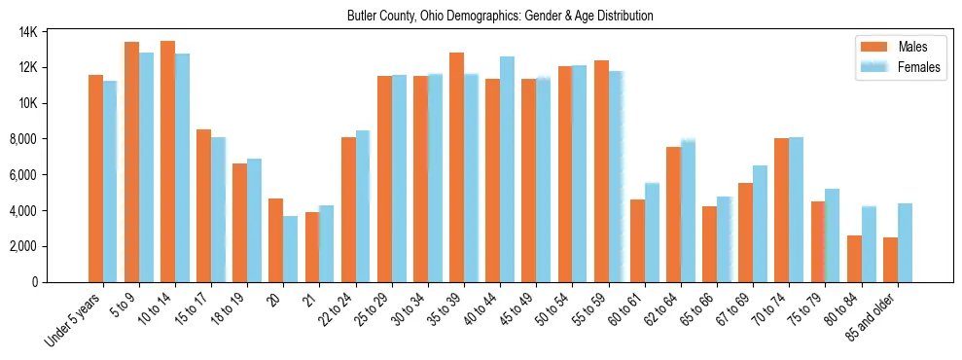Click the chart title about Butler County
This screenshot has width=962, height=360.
(500, 17)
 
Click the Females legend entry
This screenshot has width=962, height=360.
(918, 67)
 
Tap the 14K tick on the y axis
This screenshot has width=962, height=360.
(54, 32)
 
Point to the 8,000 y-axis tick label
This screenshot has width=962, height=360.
(49, 139)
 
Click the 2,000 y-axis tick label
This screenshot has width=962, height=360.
(49, 246)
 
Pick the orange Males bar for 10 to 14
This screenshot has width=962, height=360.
(167, 162)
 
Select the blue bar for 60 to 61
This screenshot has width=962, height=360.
(652, 233)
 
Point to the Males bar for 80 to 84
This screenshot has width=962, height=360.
(854, 259)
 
